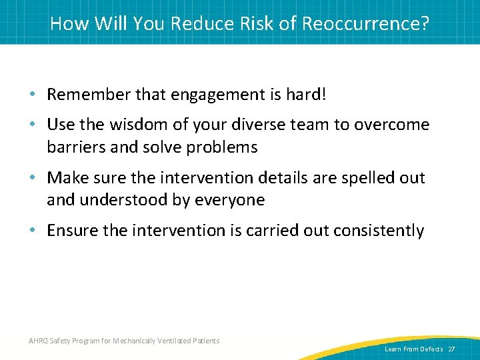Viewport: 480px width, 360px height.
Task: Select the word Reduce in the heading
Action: (199, 23)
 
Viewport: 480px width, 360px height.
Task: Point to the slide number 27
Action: (451, 349)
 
